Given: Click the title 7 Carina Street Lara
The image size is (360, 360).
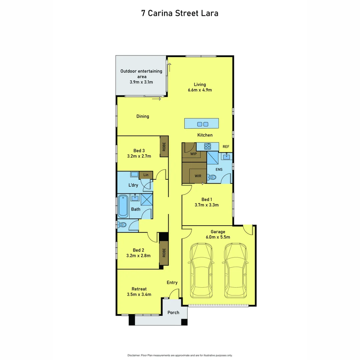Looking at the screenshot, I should (180, 13).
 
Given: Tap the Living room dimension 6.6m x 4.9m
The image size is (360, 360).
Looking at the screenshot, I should (200, 90).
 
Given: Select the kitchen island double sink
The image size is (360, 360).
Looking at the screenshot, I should (203, 124).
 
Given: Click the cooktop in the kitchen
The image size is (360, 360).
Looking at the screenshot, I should (207, 146).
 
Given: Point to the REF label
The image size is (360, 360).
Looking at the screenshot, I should (226, 147).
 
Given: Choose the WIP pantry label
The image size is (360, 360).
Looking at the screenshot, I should (193, 154).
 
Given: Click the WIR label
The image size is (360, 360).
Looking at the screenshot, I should (198, 176).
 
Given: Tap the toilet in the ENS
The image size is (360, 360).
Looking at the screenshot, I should (212, 177).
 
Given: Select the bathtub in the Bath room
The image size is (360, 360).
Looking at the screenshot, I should (123, 205).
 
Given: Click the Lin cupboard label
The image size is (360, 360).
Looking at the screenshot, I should (146, 175).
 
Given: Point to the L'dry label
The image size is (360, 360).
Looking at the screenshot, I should (133, 185).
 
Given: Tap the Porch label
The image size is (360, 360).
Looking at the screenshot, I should (173, 312).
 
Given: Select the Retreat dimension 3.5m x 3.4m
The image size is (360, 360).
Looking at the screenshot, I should (139, 294).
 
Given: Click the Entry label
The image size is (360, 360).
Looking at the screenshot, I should (172, 283).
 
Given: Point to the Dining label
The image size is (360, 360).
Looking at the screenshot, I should (143, 116).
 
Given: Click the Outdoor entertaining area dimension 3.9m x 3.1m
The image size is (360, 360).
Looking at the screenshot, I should (141, 82).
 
